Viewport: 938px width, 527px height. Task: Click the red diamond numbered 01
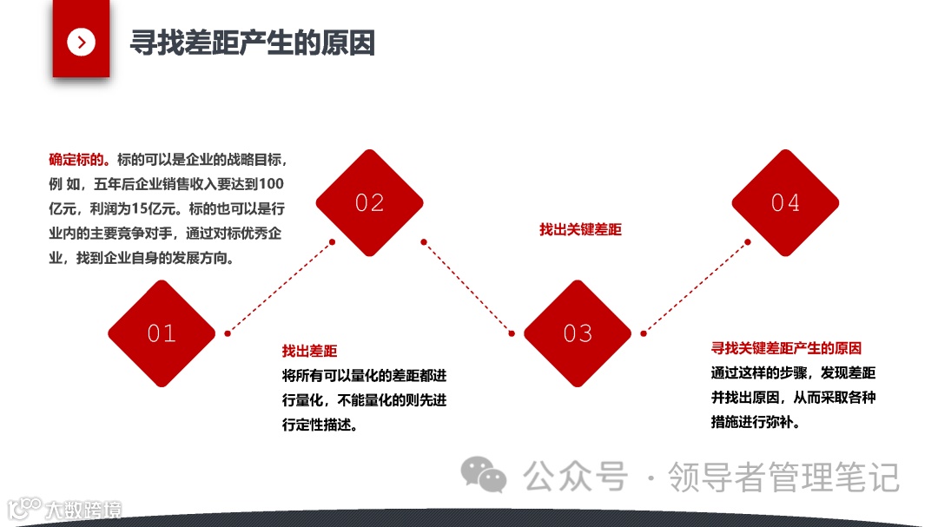click(x=162, y=333)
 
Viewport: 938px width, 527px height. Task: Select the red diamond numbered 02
click(x=369, y=203)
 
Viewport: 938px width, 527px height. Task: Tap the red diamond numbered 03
click(x=578, y=333)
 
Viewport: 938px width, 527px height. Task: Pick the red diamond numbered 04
click(x=785, y=203)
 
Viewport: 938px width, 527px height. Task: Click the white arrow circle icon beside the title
click(x=81, y=41)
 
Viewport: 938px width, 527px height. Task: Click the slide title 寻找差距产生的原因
click(x=252, y=43)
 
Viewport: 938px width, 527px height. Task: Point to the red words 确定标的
click(x=76, y=161)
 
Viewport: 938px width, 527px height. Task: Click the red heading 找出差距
click(x=309, y=352)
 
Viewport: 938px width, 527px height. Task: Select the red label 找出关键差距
click(x=580, y=230)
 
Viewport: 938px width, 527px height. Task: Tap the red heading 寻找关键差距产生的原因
click(x=786, y=348)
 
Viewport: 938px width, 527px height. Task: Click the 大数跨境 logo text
click(x=83, y=509)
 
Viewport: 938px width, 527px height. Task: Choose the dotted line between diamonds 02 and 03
click(x=468, y=287)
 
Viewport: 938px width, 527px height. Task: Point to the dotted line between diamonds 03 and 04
click(x=696, y=287)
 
